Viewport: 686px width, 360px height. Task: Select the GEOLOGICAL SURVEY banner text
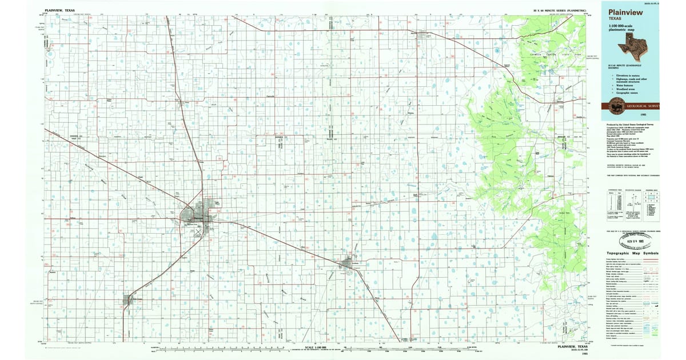coord(643,106)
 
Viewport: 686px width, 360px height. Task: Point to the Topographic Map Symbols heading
coord(632,253)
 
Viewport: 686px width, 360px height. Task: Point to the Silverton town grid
coord(424,35)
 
